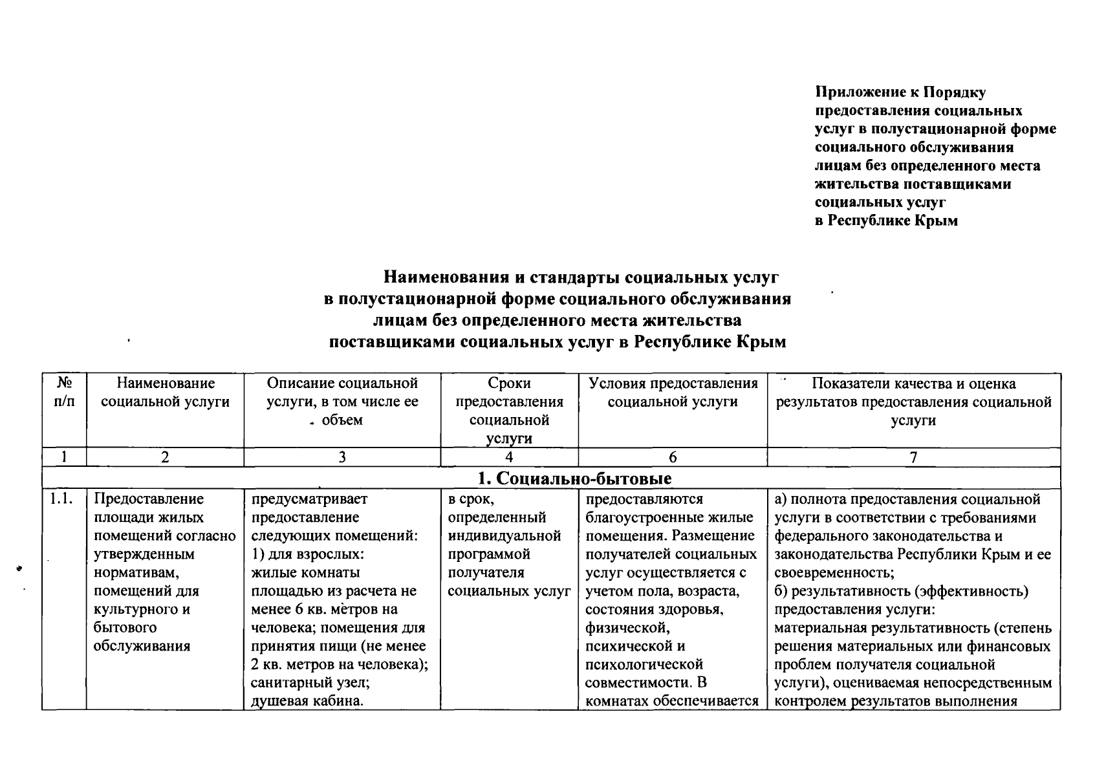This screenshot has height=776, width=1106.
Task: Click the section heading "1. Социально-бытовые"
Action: [x=574, y=479]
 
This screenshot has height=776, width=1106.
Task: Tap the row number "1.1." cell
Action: [x=63, y=499]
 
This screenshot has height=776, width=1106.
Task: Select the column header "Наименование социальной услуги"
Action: [x=166, y=393]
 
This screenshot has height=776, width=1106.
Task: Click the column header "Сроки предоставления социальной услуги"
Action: [x=510, y=411]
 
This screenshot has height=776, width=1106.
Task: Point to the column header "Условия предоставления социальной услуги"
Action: [x=673, y=393]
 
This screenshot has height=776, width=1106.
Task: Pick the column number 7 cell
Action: [x=913, y=457]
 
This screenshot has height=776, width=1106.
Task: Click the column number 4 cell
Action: [x=510, y=457]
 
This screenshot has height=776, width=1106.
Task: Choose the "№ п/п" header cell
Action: [x=64, y=393]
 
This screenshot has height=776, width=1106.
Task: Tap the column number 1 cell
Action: [x=64, y=457]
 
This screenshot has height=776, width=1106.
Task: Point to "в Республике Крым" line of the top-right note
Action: [x=885, y=221]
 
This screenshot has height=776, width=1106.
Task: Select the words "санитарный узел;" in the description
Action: [x=310, y=682]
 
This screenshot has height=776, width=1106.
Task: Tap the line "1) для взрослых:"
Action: [x=308, y=554]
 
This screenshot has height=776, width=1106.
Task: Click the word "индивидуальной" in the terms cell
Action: [x=504, y=536]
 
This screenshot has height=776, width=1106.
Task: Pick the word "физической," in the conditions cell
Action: [x=625, y=627]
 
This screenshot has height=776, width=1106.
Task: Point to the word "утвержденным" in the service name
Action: [x=144, y=554]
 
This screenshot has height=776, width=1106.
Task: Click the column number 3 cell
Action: [x=342, y=457]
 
